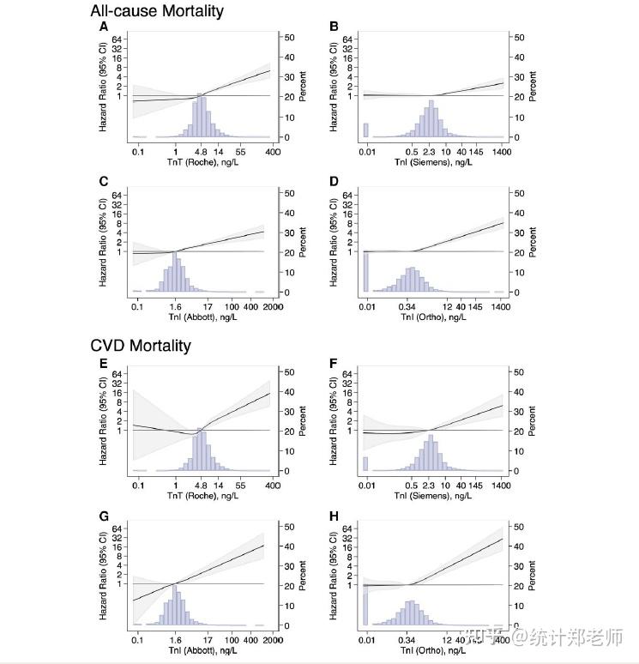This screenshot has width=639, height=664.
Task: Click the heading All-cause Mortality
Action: tap(157, 11)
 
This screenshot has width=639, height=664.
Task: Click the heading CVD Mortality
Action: tap(141, 346)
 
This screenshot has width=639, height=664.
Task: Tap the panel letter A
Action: tap(104, 27)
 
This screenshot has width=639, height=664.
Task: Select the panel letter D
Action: tap(335, 183)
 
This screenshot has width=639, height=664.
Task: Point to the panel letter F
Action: tap(335, 362)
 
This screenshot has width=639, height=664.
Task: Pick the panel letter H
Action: tap(335, 516)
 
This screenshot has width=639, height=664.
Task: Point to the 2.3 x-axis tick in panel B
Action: tap(431, 150)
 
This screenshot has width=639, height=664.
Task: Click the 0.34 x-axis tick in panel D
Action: tap(407, 306)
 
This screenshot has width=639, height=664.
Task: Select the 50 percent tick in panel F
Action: tap(518, 371)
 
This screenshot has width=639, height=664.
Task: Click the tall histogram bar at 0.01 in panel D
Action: tap(366, 272)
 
